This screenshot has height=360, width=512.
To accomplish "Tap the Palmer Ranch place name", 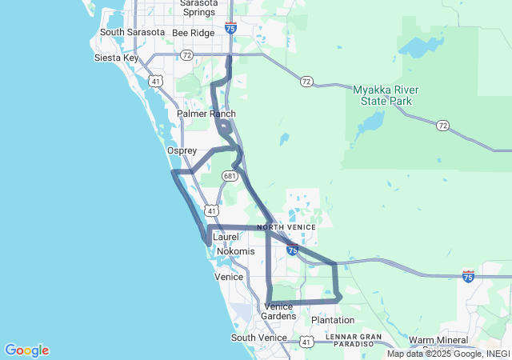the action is click(x=206, y=114).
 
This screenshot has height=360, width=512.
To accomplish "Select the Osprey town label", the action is click(x=182, y=150).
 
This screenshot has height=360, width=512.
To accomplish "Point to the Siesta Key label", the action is click(x=117, y=58).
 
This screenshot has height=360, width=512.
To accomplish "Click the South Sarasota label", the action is click(x=132, y=32).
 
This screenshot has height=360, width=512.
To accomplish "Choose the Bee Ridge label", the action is click(x=194, y=33).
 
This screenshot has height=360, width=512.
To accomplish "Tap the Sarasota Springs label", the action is click(x=198, y=8).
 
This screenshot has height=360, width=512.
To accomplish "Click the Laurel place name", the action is click(x=226, y=237).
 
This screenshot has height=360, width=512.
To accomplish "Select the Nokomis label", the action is click(x=235, y=251).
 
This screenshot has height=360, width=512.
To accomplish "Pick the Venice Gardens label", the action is click(x=278, y=311).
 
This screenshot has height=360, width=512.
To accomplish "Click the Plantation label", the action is click(x=333, y=320).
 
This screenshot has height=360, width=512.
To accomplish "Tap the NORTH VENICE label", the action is click(x=286, y=227).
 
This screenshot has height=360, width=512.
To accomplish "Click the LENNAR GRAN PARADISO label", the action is click(x=354, y=341).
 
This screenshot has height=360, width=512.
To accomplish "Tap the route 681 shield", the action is click(x=230, y=175).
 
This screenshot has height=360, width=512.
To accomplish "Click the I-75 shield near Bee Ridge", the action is click(x=230, y=28).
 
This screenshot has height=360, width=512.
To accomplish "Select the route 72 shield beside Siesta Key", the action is click(x=186, y=55).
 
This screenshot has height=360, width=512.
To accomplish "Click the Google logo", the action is click(x=26, y=350).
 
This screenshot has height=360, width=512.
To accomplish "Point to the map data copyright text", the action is click(x=448, y=354).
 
